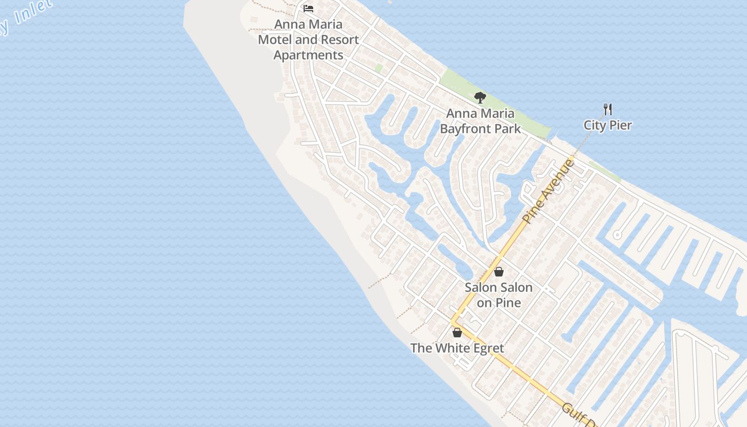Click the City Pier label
[x=607, y=125]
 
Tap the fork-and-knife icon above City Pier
[x=607, y=109]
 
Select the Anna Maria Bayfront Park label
[x=480, y=121]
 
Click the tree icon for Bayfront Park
[x=480, y=98]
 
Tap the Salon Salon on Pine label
[x=498, y=295]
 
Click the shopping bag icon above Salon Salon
[x=498, y=272]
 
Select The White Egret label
[x=457, y=348]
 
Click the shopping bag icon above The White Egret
[x=457, y=333]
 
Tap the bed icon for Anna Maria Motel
[x=308, y=8]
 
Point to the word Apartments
[x=308, y=55]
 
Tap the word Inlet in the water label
[x=32, y=12]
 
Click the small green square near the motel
[x=379, y=68]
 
